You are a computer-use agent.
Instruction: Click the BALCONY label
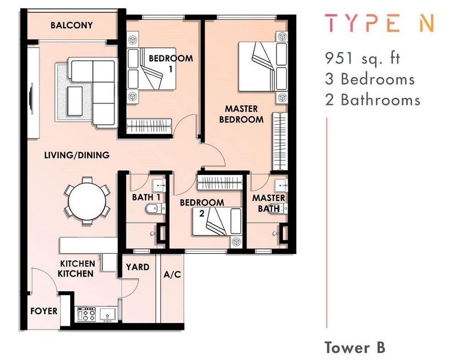pyautogui.click(x=72, y=25)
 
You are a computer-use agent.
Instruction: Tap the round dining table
pyautogui.click(x=87, y=201)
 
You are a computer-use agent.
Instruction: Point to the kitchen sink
pyautogui.click(x=108, y=315)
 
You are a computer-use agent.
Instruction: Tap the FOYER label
pyautogui.click(x=44, y=311)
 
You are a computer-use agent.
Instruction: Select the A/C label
pyautogui.click(x=172, y=274)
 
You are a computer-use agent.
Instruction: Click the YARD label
pyautogui.click(x=138, y=267)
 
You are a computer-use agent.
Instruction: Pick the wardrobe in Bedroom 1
pyautogui.click(x=149, y=126)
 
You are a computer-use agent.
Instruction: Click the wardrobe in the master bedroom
pyautogui.click(x=280, y=141)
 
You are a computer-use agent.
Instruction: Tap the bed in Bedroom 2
pyautogui.click(x=217, y=222)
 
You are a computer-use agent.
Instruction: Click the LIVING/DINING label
pyautogui.click(x=77, y=155)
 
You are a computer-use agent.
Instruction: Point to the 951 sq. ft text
pyautogui.click(x=362, y=59)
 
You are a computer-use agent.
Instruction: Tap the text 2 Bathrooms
pyautogui.click(x=372, y=100)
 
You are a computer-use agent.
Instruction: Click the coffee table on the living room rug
pyautogui.click(x=75, y=101)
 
